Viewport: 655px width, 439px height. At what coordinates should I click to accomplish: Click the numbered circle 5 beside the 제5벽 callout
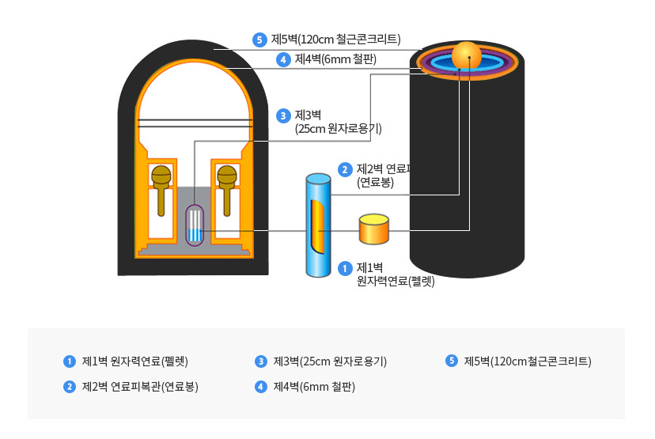[259, 39]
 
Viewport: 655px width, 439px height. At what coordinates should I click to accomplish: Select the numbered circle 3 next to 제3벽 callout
[283, 115]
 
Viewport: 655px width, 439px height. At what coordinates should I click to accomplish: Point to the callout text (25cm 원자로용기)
[338, 128]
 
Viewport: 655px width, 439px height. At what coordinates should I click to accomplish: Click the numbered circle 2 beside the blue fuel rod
[345, 169]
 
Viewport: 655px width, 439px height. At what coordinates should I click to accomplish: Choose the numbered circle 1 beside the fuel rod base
[344, 268]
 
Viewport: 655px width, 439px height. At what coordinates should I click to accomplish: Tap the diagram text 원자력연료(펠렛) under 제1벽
[396, 280]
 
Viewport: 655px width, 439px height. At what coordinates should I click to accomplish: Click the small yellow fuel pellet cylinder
[374, 229]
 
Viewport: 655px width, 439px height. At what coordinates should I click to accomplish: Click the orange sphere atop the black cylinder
[467, 55]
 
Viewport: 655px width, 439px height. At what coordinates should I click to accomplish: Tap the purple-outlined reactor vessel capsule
[195, 224]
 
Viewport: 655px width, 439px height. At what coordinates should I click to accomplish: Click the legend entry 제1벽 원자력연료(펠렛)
[134, 361]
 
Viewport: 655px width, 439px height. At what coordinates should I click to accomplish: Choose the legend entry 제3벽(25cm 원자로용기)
[329, 361]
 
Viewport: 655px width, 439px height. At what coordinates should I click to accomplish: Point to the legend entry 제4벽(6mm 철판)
[313, 387]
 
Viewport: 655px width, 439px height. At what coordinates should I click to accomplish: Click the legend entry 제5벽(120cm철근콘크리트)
[527, 361]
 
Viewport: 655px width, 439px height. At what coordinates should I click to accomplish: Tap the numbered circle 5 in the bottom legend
[452, 361]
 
